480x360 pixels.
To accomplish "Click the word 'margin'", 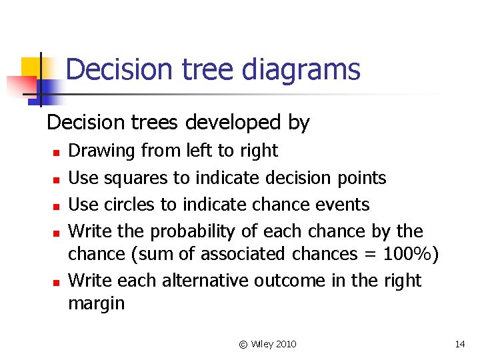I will click(97, 304).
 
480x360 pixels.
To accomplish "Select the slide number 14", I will click(459, 344).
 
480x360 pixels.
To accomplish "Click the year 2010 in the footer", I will click(285, 344).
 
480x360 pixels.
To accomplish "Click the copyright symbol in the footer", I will click(243, 344).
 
